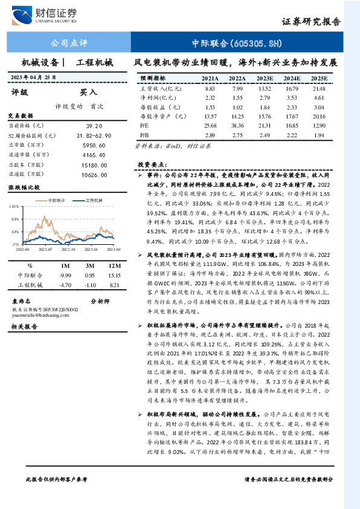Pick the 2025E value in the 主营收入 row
click(x=318, y=88)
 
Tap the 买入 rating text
click(x=89, y=92)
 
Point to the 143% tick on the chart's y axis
click(x=13, y=207)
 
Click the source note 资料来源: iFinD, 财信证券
click(x=166, y=146)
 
